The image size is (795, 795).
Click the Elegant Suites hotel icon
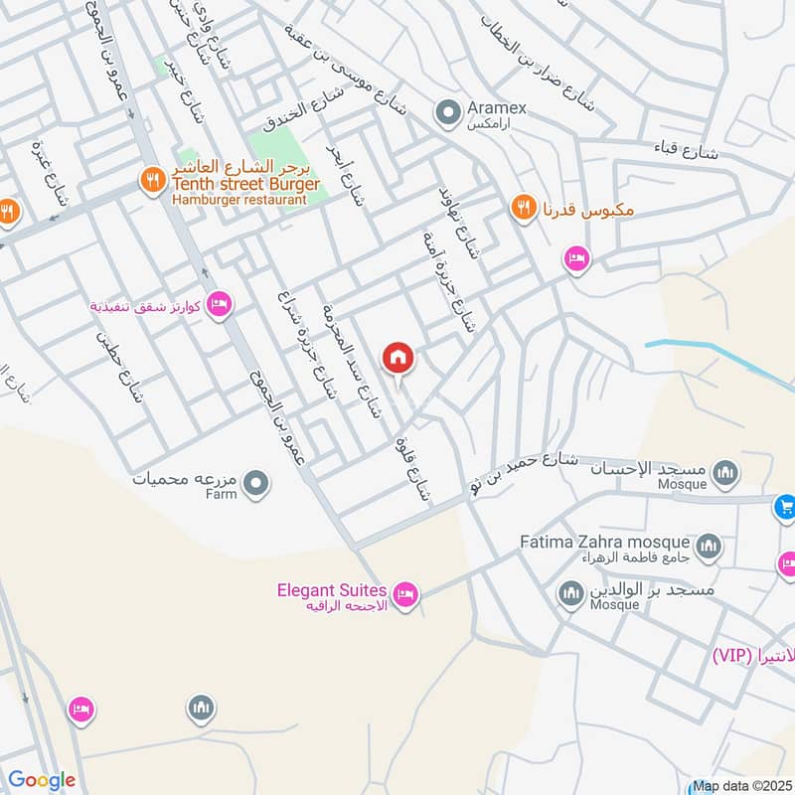(405, 596)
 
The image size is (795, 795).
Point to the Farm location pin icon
(256, 484)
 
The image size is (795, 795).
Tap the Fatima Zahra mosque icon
(709, 545)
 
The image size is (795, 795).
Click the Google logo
(42, 780)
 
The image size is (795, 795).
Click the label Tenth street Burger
(245, 185)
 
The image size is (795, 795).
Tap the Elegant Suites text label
(331, 591)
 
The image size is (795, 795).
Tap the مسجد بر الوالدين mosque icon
(570, 595)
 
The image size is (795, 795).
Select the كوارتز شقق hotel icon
(220, 303)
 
